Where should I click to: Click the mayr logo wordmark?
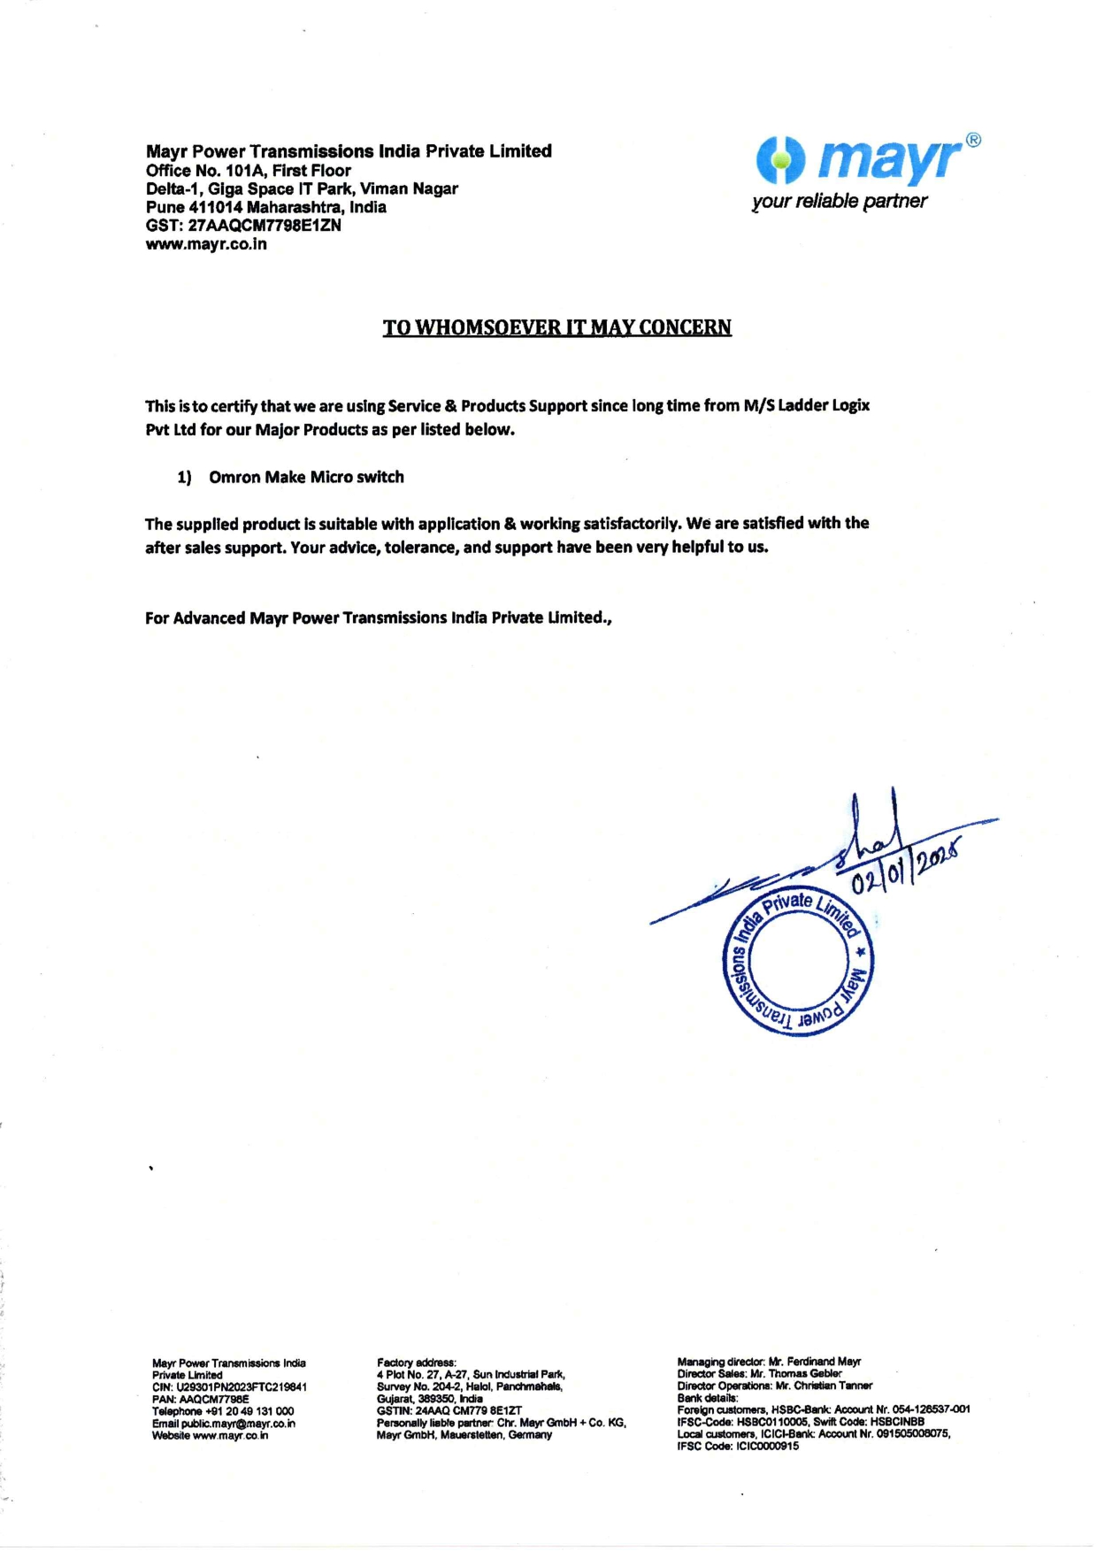(888, 160)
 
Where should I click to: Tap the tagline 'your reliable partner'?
(839, 201)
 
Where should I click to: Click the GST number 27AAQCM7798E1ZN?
(265, 226)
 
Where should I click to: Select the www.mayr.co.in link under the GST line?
(206, 244)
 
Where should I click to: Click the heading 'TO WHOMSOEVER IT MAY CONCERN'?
(556, 327)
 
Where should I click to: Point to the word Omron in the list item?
(234, 477)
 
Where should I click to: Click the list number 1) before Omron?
(184, 478)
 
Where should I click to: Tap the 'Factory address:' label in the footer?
(417, 1363)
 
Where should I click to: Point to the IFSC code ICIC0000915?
(767, 1446)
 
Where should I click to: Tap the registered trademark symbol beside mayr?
(972, 140)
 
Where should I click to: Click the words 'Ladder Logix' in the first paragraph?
(824, 405)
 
